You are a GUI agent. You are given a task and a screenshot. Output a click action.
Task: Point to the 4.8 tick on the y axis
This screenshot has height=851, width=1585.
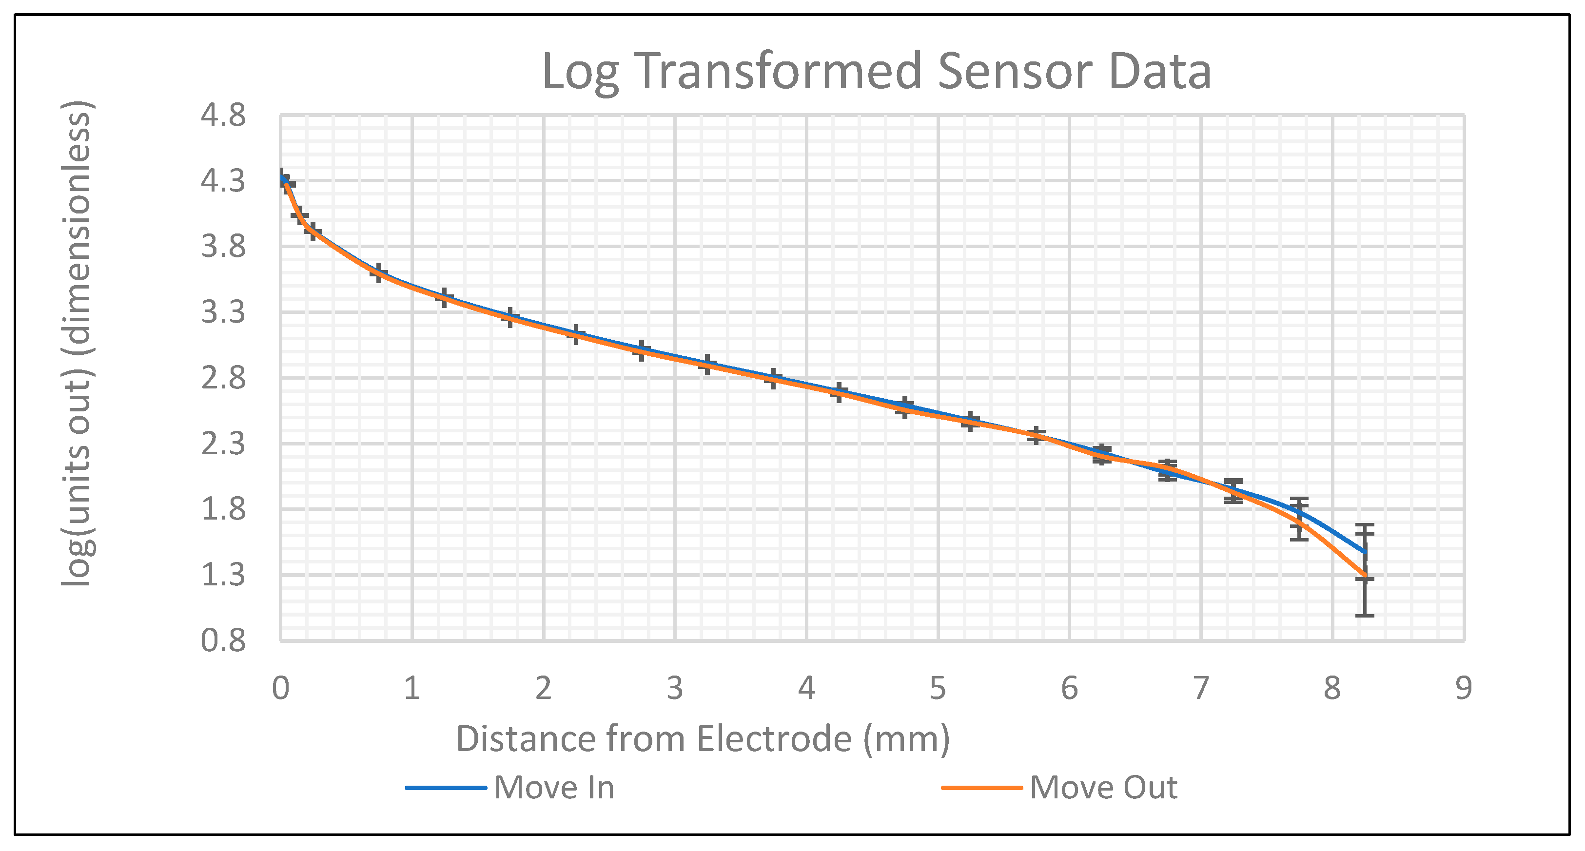pyautogui.click(x=223, y=115)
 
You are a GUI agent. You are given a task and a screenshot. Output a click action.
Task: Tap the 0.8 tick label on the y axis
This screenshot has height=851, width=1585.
pyautogui.click(x=223, y=640)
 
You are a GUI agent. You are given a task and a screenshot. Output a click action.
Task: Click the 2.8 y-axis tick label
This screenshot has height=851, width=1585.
pyautogui.click(x=223, y=378)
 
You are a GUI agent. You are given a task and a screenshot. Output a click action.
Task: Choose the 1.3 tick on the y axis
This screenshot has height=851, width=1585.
pyautogui.click(x=223, y=575)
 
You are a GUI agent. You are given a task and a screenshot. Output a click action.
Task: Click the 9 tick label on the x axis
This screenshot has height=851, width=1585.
pyautogui.click(x=1464, y=688)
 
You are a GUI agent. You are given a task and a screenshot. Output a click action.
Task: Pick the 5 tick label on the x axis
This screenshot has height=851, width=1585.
pyautogui.click(x=938, y=688)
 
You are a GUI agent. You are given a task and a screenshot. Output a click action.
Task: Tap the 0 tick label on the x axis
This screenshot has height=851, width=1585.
pyautogui.click(x=280, y=688)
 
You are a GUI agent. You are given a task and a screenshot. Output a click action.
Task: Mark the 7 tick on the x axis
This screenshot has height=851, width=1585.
pyautogui.click(x=1201, y=688)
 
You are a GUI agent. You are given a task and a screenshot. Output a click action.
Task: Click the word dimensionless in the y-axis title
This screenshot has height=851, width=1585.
pyautogui.click(x=78, y=234)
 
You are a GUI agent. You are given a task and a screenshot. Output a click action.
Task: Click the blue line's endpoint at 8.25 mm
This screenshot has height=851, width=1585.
pyautogui.click(x=1365, y=551)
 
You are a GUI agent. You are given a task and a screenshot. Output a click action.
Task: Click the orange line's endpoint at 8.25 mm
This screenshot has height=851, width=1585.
pyautogui.click(x=1365, y=577)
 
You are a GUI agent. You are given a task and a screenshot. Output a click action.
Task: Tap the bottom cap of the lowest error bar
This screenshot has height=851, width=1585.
pyautogui.click(x=1365, y=615)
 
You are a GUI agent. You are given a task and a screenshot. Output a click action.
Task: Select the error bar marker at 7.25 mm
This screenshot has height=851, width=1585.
pyautogui.click(x=1233, y=491)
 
